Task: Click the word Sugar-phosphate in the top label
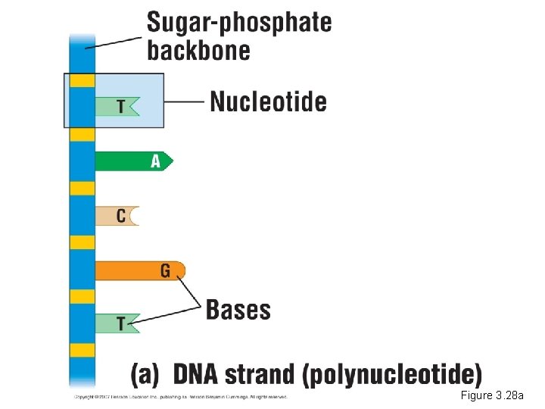pyautogui.click(x=238, y=23)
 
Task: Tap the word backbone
pyautogui.click(x=198, y=51)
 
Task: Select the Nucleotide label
pyautogui.click(x=268, y=101)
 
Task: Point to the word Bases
pyautogui.click(x=238, y=310)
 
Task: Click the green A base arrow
pyautogui.click(x=133, y=161)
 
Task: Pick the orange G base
pyautogui.click(x=139, y=270)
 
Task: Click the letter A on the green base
pyautogui.click(x=156, y=161)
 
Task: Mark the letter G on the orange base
pyautogui.click(x=165, y=270)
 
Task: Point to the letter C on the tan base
pyautogui.click(x=121, y=216)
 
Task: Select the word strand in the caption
pyautogui.click(x=273, y=375)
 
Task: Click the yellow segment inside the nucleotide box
pyautogui.click(x=82, y=80)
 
